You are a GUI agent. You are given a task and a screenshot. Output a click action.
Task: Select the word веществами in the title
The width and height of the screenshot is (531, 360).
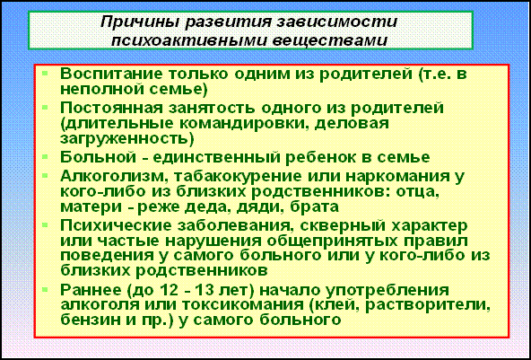tap(329, 40)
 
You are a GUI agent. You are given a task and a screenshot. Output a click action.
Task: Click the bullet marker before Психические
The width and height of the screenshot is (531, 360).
tap(46, 224)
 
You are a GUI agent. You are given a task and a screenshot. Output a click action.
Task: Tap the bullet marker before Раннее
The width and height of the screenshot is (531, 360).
tap(46, 289)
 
